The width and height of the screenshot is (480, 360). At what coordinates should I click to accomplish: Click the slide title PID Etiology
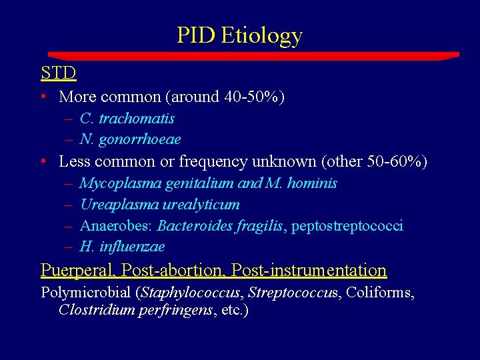coord(239,35)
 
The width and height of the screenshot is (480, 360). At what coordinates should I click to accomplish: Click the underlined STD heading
coord(59,72)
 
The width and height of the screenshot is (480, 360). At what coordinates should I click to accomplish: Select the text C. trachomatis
coord(127,119)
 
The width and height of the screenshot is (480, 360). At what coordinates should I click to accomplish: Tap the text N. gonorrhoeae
coord(130,139)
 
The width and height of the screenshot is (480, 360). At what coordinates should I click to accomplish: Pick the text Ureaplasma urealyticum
coord(159,205)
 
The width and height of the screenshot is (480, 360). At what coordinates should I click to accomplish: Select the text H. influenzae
coord(122,247)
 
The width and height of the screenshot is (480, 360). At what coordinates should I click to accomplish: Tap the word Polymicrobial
coord(86,292)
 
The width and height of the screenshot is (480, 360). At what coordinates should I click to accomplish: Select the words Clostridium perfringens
coord(137,310)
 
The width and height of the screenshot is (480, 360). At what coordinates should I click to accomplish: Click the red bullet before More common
coord(43,97)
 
